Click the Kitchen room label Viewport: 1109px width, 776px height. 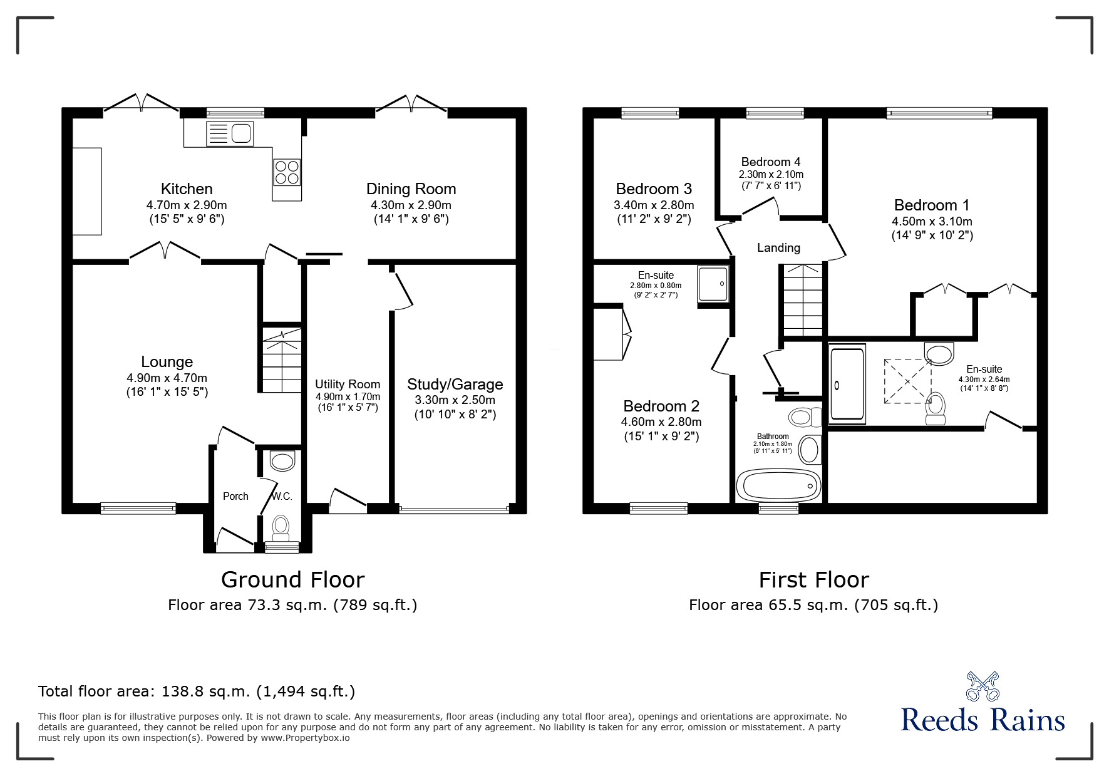187,189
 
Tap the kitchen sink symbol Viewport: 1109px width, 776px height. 229,133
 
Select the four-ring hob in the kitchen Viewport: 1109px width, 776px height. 287,172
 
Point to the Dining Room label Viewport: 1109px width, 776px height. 411,189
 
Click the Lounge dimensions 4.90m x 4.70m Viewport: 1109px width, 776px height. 167,378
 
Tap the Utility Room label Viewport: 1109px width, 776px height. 348,384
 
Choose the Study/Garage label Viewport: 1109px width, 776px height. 455,384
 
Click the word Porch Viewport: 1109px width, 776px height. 235,496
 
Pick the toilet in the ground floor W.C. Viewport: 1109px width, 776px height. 281,528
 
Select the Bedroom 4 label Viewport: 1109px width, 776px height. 771,162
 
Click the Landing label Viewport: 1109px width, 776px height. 778,247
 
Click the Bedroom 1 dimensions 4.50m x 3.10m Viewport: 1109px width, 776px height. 932,221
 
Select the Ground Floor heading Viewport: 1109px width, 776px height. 292,580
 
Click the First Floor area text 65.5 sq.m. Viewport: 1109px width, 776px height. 813,605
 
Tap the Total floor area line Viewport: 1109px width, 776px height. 197,691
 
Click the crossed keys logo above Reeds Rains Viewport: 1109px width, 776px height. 982,686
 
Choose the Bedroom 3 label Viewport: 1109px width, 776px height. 654,189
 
